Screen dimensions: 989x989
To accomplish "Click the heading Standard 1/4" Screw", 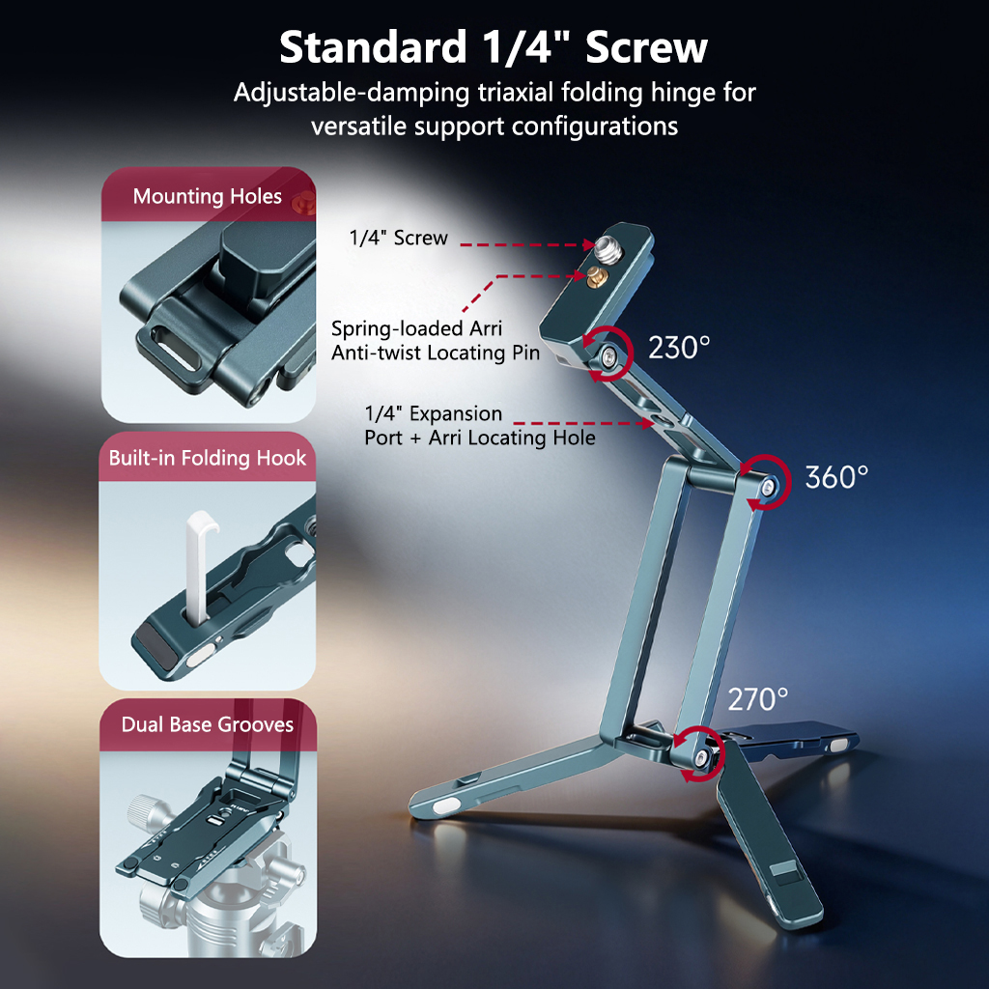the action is pyautogui.click(x=494, y=47).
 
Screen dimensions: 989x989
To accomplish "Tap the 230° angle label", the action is pyautogui.click(x=679, y=348).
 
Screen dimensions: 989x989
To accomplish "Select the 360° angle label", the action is pyautogui.click(x=836, y=477).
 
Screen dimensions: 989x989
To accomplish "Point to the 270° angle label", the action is pyautogui.click(x=757, y=699).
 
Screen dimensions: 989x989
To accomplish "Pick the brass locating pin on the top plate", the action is pyautogui.click(x=595, y=275).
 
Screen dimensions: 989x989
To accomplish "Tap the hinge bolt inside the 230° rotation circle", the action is pyautogui.click(x=608, y=357).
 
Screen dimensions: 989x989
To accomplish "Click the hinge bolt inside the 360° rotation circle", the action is pyautogui.click(x=768, y=487).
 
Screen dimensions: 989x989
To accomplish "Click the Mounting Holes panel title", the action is pyautogui.click(x=207, y=196).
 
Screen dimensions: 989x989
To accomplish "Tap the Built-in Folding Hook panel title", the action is pyautogui.click(x=207, y=457).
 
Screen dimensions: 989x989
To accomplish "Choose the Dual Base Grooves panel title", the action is pyautogui.click(x=207, y=724).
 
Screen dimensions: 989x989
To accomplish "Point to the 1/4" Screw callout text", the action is pyautogui.click(x=398, y=238).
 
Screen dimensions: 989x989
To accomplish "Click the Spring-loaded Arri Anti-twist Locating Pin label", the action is pyautogui.click(x=436, y=341).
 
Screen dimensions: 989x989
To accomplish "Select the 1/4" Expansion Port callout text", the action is pyautogui.click(x=479, y=426).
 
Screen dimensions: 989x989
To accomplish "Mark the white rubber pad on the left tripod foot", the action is pyautogui.click(x=445, y=805).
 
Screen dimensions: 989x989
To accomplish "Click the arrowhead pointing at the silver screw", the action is pyautogui.click(x=588, y=244).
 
